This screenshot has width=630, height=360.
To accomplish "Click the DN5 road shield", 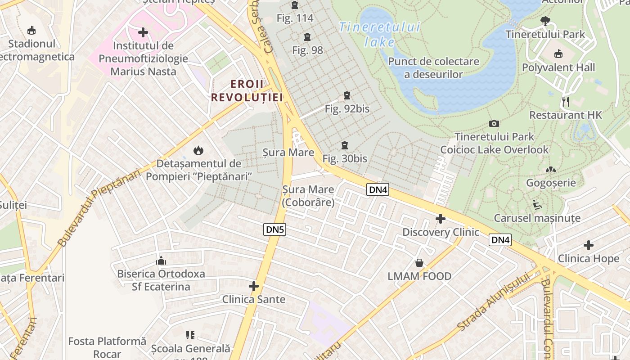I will [x=275, y=229].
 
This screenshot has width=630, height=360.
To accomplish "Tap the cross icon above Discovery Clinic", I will [x=441, y=219].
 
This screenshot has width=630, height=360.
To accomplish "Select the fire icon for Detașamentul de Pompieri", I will [x=198, y=150].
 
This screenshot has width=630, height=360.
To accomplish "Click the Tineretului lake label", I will [x=379, y=35].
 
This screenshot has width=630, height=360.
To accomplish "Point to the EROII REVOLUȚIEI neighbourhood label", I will [x=247, y=90].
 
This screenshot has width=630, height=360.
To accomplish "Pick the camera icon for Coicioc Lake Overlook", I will [x=494, y=123].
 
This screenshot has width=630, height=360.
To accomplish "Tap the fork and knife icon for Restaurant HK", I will [x=566, y=102].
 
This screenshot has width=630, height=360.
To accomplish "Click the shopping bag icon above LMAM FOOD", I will [x=419, y=263].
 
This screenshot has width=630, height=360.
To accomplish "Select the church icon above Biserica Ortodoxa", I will [x=161, y=261].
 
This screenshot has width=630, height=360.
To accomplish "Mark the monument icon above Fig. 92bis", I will [x=347, y=95].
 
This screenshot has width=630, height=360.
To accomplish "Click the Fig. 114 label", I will [x=295, y=18].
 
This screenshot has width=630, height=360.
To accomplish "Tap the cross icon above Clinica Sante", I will [x=254, y=286].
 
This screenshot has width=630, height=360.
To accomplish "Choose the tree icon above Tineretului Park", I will [x=545, y=20].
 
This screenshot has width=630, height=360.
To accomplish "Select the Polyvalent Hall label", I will [x=558, y=67].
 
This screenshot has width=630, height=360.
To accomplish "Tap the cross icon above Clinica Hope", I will [x=589, y=245].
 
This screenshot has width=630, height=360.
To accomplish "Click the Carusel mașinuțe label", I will [x=537, y=218].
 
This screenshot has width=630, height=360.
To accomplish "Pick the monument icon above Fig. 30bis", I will [x=345, y=145].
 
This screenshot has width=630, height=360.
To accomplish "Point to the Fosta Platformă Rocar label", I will [x=108, y=347].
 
